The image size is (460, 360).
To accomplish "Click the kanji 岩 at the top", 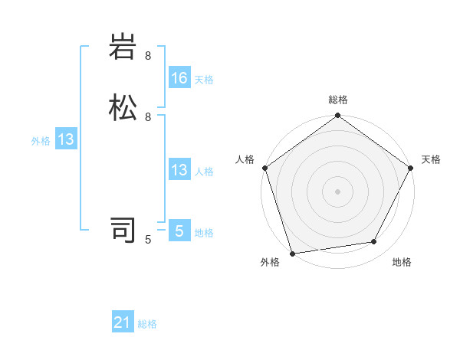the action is point(123,47).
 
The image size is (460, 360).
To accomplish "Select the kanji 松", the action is point(123,107).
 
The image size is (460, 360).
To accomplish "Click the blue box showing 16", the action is point(179,78).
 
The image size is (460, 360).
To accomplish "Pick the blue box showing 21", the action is point(123,323).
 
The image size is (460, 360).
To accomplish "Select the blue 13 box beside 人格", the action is point(179,170).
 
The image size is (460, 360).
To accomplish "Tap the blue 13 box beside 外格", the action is point(66,139).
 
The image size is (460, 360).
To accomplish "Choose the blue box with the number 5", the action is point(179,231).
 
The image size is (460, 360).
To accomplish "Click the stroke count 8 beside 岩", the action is point(148,56).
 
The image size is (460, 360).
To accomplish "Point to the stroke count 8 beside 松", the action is point(148,116).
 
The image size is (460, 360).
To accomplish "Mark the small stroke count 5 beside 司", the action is point(148,239).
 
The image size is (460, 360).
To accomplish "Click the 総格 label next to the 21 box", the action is point(147,324).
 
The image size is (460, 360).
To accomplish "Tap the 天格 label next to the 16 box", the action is point(204,79).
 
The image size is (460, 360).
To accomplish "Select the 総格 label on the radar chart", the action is point(338,100).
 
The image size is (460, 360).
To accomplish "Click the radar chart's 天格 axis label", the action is point(431,159).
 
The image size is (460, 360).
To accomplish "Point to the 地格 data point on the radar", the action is point(374,242).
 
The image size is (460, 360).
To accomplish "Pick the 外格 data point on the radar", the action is point(291,253).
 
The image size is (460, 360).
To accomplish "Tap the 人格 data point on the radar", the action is point(264,168).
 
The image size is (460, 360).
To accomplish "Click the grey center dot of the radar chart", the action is point(337,191).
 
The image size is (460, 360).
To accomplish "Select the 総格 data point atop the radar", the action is point(337,116).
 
